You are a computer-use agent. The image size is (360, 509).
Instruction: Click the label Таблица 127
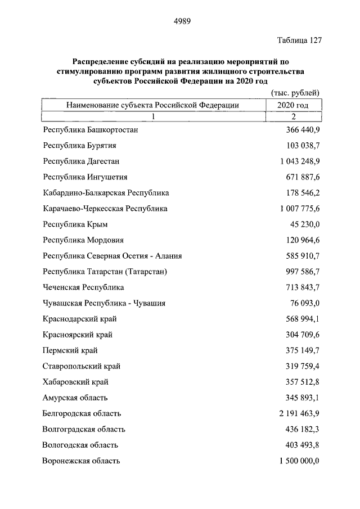299,40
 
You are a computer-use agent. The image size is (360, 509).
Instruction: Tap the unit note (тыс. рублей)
295,93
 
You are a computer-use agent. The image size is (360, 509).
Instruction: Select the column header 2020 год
293,105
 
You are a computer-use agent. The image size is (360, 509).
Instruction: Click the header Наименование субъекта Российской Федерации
152,105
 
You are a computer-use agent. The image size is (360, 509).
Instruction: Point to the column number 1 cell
152,116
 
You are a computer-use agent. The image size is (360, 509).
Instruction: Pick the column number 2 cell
293,116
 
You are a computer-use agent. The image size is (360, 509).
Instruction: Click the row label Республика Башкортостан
91,130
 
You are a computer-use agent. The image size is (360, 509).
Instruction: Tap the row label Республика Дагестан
81,161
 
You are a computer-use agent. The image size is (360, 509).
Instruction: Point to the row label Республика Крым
75,224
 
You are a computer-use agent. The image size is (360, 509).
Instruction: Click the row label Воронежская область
81,461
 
